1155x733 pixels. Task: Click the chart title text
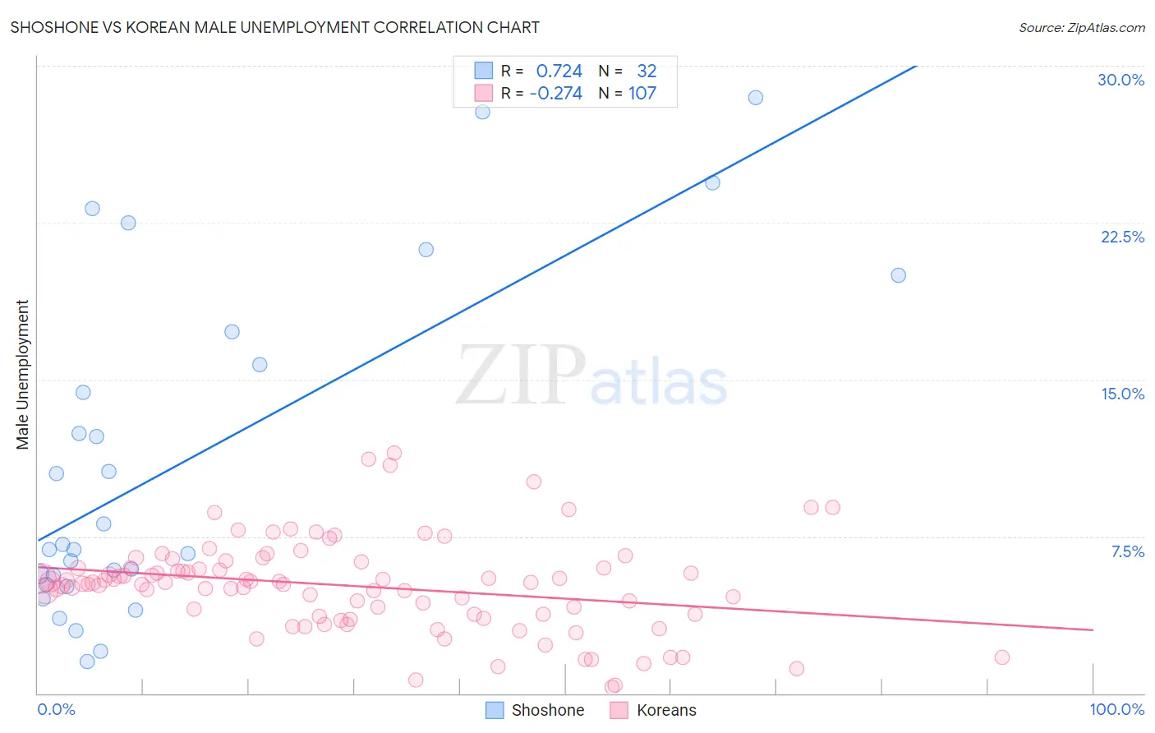(x=274, y=27)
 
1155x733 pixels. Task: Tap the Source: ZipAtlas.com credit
(x=1081, y=28)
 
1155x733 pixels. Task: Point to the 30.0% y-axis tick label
(x=1120, y=80)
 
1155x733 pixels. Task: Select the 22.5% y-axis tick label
(x=1122, y=237)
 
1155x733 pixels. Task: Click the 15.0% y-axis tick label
(x=1122, y=394)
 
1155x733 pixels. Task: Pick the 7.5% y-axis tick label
(x=1127, y=551)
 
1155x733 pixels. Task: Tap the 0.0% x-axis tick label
(x=56, y=709)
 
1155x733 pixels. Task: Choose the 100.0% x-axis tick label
(x=1116, y=709)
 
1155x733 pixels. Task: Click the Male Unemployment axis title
(x=23, y=374)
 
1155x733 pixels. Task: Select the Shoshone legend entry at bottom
(x=535, y=710)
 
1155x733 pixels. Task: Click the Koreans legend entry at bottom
(x=653, y=710)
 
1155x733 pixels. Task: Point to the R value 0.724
(x=559, y=71)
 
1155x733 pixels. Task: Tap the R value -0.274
(x=555, y=94)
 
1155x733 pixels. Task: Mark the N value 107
(x=642, y=94)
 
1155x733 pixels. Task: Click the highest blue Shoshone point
(x=755, y=98)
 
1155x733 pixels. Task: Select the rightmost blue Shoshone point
(x=898, y=275)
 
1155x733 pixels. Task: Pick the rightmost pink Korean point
(x=1001, y=657)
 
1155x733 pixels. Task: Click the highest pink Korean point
(x=393, y=453)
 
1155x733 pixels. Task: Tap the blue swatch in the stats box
(x=484, y=71)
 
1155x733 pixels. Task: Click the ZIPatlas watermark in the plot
(x=591, y=376)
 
